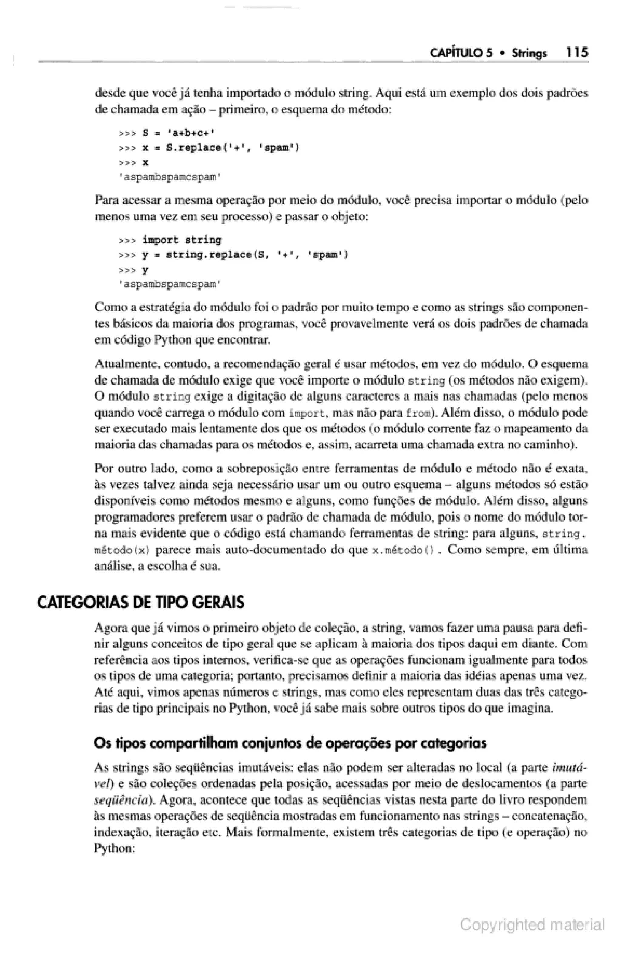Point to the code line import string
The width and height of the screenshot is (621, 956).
182,240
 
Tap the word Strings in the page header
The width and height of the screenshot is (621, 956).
529,53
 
